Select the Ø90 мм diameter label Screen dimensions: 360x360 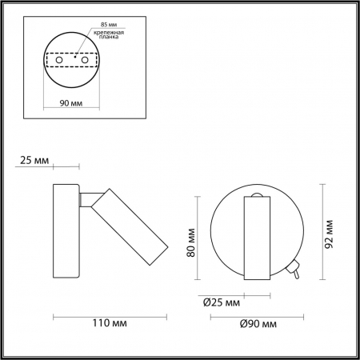coord(258,323)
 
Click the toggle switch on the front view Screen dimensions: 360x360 coord(295,271)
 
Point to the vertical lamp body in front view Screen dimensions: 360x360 coord(258,240)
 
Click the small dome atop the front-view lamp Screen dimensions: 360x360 coord(258,195)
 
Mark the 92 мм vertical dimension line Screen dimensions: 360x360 coord(321,232)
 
